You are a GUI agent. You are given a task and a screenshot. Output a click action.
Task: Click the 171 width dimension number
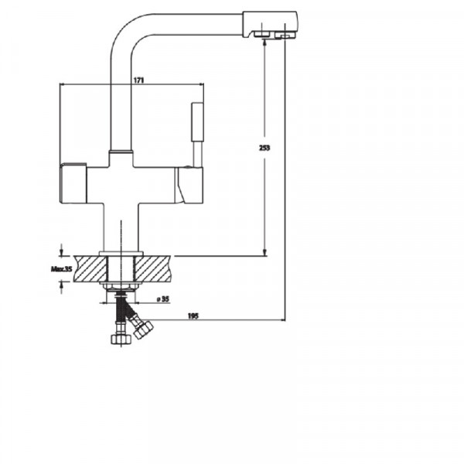pyautogui.click(x=139, y=80)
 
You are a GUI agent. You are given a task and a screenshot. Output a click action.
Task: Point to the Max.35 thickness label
pyautogui.click(x=61, y=269)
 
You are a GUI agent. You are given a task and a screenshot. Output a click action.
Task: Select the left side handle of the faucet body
pyautogui.click(x=73, y=184)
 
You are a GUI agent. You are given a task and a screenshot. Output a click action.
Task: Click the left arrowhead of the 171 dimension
pyautogui.click(x=63, y=86)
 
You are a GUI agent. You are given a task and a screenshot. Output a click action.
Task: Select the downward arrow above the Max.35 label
pyautogui.click(x=61, y=250)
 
